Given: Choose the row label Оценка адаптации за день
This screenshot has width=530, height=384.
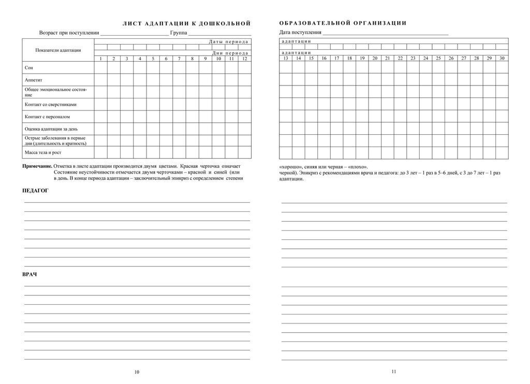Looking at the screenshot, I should click(51, 129).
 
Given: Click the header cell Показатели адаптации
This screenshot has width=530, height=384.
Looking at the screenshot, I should click(58, 50).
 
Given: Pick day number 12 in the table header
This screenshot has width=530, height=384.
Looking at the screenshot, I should click(244, 59).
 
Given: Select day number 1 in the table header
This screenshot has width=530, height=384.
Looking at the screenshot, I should click(100, 59).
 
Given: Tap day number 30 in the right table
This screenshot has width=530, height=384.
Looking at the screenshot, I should click(502, 58).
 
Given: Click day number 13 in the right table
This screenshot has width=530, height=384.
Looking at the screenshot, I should click(285, 58).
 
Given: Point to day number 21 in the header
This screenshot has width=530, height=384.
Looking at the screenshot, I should click(387, 58).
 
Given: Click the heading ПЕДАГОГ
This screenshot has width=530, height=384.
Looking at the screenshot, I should click(36, 191).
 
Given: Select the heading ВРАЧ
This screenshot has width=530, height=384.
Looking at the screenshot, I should click(30, 274).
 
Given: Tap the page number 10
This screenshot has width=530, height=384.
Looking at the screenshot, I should click(137, 372).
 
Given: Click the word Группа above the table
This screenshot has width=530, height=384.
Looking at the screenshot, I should click(178, 33).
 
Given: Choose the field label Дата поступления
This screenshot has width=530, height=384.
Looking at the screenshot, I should click(300, 33).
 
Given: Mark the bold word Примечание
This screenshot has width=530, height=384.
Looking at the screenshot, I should click(37, 167).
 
